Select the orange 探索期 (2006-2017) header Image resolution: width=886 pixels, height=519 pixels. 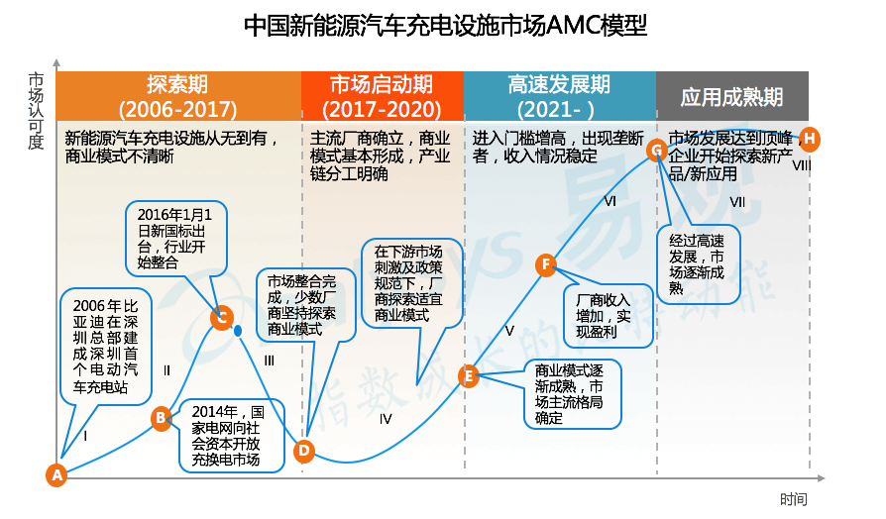pos(177,96)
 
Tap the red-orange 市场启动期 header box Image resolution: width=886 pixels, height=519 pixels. pos(382,96)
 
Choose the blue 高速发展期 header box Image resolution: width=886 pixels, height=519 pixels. pos(558,96)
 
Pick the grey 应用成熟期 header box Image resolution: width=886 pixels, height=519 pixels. pos(731,96)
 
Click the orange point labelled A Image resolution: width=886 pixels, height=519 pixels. pos(56,475)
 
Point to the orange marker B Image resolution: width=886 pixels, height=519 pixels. pos(162,419)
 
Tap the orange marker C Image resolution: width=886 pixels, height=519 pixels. pos(222,318)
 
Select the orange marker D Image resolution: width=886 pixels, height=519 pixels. pos(304,451)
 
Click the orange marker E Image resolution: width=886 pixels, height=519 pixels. pos(470,375)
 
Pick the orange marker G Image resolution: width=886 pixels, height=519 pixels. pos(655,150)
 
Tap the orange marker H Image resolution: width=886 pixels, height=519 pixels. pos(810,138)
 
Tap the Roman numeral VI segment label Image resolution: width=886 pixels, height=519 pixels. pos(610,201)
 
